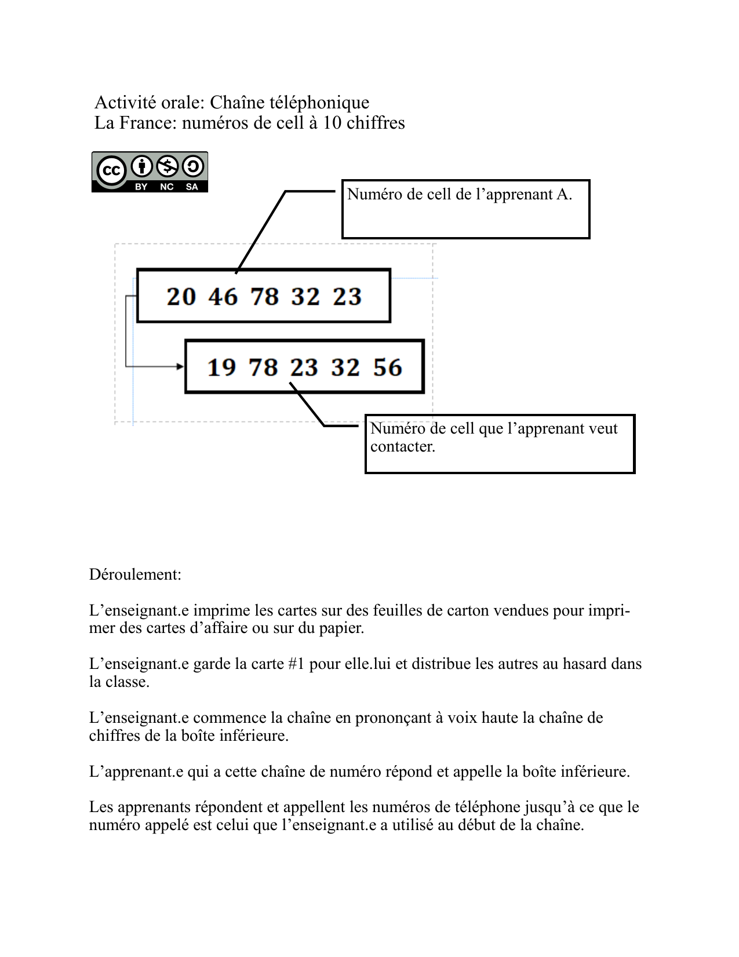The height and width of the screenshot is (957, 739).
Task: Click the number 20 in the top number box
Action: [181, 297]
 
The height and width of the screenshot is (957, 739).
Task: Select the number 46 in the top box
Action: [223, 297]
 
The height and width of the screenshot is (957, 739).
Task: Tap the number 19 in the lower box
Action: [221, 367]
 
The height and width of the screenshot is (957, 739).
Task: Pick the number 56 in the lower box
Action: [387, 367]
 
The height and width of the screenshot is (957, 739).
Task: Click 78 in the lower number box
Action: [263, 367]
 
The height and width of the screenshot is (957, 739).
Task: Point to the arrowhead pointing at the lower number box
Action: [180, 366]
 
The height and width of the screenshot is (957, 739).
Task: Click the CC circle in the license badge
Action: [111, 170]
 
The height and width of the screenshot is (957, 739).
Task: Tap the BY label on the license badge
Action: [141, 187]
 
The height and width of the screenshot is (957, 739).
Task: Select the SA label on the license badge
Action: [192, 187]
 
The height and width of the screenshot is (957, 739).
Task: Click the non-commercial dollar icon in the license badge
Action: [168, 166]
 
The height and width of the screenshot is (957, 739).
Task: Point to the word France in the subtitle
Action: [147, 123]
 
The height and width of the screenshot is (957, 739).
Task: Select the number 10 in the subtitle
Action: [332, 123]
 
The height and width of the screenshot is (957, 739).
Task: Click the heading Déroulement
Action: [135, 574]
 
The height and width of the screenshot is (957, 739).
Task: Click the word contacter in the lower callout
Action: [402, 446]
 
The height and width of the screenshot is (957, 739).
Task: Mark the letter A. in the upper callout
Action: [564, 194]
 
